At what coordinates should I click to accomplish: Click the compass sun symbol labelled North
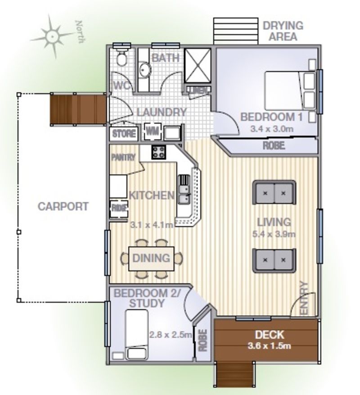pos(53,35)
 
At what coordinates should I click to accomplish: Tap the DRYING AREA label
pos(283,31)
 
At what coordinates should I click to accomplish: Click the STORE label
pos(124,134)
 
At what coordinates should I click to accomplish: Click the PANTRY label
pos(123,158)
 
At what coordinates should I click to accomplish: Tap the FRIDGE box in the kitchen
pos(119,209)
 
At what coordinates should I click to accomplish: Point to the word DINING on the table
pos(151,259)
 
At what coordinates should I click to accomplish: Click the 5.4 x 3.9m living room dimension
pos(273,234)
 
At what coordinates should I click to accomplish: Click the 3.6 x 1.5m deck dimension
pos(270,346)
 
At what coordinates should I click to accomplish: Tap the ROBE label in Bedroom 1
pos(274,146)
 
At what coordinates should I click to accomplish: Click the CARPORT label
pos(63,207)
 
